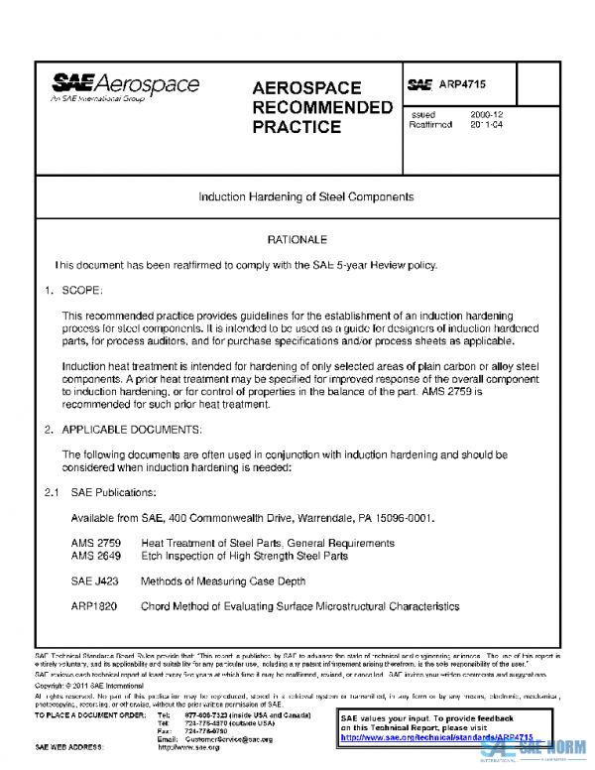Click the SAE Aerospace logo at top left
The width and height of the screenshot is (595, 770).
126,88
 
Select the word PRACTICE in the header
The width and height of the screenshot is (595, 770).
297,127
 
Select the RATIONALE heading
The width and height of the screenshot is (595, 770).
297,240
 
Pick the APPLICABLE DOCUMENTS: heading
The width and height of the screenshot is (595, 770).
132,429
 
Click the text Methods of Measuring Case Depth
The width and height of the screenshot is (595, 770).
223,581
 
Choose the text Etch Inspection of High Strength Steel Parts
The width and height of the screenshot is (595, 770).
244,556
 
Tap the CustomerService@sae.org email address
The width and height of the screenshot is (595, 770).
227,739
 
